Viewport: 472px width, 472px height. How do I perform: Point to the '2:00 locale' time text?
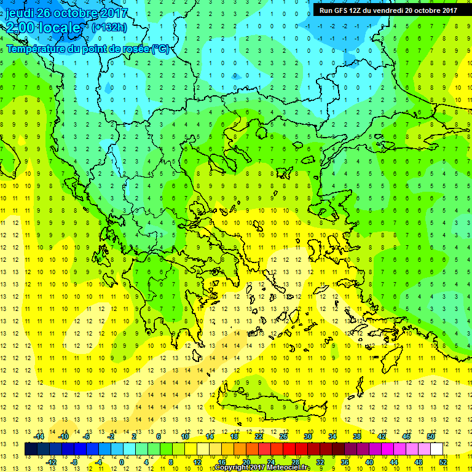[43, 28]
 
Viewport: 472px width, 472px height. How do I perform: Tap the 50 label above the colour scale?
[431, 436]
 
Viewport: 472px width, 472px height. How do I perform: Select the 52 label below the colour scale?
[443, 462]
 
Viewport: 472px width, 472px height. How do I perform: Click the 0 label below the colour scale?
[122, 462]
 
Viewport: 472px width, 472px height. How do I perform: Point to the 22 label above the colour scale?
[259, 436]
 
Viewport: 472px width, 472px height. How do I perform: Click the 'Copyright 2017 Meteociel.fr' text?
[263, 468]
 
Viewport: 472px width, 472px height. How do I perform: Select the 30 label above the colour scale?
[308, 436]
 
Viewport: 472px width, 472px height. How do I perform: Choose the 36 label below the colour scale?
[345, 462]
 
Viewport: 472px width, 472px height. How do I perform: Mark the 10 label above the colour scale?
[185, 436]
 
